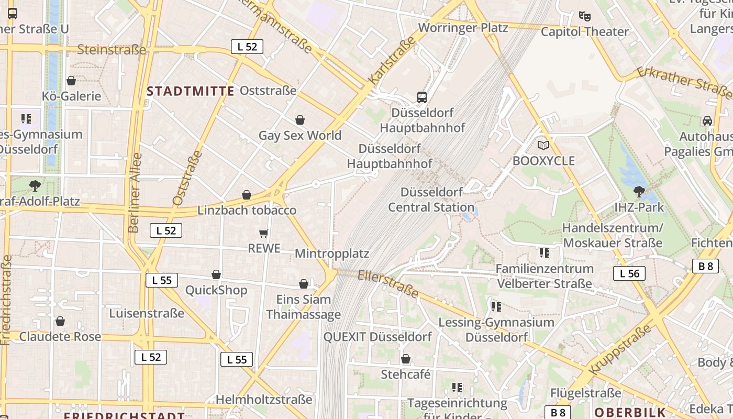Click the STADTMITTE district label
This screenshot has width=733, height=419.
point(190,91)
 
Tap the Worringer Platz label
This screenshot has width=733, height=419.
point(463,28)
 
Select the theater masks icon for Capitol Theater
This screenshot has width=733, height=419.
point(585,16)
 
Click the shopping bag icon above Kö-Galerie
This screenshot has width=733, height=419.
point(71,81)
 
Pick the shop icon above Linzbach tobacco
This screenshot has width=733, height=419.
point(247,195)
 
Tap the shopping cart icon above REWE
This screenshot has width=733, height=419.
point(264,233)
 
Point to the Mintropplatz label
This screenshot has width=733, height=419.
point(332,254)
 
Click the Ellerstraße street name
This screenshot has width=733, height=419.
point(388,283)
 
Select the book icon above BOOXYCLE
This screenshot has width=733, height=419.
point(543,145)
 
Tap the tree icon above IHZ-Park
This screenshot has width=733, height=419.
point(639,192)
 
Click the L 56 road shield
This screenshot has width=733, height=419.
point(629,273)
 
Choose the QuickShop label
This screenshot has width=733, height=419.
point(216,290)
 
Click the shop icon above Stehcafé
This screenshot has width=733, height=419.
point(406,359)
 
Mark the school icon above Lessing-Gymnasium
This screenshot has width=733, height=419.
point(496,306)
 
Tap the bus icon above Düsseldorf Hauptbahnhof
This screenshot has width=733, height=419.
point(422,97)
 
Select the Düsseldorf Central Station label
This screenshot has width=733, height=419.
point(431,200)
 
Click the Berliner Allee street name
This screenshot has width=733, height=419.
point(134,193)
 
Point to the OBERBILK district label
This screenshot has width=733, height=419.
point(630,412)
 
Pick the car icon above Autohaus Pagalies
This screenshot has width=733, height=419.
point(707,121)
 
